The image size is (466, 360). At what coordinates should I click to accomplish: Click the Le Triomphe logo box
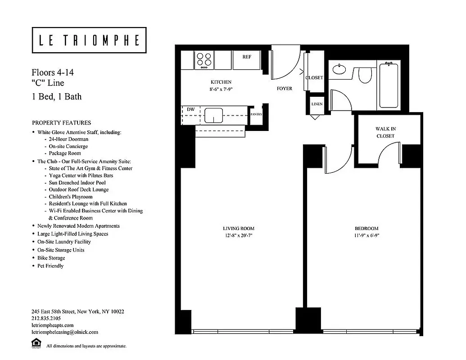coord(89,40)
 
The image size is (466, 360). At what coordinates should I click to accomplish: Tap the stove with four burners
coord(204,60)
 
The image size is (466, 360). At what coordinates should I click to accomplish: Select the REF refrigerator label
coord(247,57)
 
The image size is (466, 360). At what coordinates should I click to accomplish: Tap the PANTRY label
coord(256,114)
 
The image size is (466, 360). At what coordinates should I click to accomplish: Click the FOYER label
coord(284,89)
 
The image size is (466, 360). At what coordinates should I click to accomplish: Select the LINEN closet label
coord(317,104)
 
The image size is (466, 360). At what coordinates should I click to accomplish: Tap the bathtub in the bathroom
coord(389,85)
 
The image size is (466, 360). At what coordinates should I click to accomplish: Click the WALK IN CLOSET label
coord(385,132)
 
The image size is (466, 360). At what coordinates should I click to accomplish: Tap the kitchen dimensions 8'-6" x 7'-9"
coord(221,89)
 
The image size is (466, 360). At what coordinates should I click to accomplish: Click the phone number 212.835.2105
coord(47,318)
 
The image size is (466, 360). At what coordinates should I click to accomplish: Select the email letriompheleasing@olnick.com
coord(65,332)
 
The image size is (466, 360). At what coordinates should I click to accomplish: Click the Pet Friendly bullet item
coord(50,266)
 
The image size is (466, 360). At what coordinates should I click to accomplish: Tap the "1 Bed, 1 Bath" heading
coord(56,96)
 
